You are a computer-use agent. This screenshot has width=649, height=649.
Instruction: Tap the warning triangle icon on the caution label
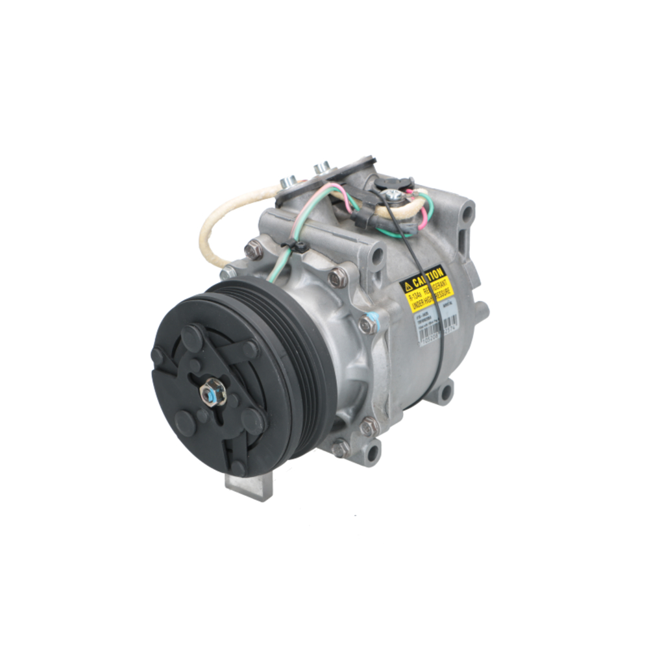coord(408,286)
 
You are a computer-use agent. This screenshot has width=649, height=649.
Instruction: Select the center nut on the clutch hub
coord(212,393)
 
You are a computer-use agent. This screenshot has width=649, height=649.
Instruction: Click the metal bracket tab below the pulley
coord(249,483)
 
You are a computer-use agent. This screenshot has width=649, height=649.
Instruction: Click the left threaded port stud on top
coord(288,182)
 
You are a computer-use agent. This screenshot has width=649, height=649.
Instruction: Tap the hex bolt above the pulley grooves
coord(337,278)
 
